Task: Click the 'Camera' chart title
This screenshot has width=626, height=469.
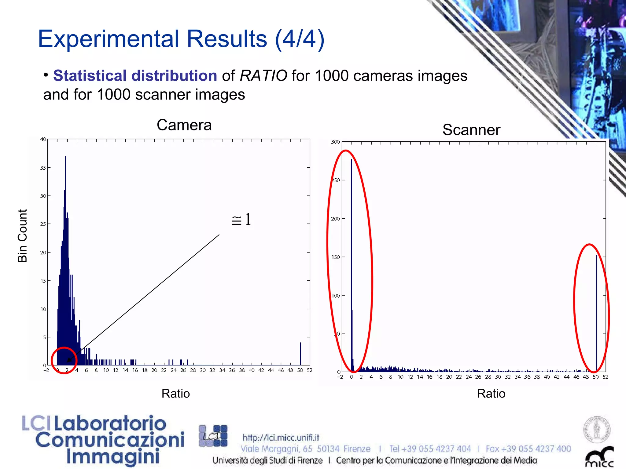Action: click(x=184, y=125)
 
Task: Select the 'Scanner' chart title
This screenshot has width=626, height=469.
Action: click(x=471, y=130)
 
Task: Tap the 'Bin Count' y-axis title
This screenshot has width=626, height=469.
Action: click(x=23, y=236)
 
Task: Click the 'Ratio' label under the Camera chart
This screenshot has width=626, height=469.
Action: click(x=175, y=393)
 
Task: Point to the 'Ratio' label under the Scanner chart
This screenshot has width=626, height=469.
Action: click(x=491, y=393)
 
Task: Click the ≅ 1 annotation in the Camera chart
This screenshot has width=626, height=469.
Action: click(x=241, y=220)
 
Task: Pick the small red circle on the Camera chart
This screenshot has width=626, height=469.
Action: click(x=64, y=360)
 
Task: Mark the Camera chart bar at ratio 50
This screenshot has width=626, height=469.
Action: click(x=300, y=354)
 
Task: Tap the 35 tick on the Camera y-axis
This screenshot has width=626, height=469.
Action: click(x=43, y=168)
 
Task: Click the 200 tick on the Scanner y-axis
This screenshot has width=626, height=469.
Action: click(x=335, y=219)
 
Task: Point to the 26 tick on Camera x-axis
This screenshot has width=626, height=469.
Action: click(x=183, y=370)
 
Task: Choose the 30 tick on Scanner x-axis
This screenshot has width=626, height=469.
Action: click(x=498, y=377)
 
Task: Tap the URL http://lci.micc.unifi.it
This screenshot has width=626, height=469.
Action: click(x=281, y=438)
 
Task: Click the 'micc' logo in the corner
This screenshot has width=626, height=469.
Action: click(x=599, y=458)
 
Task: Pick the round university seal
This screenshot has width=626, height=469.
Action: click(x=597, y=429)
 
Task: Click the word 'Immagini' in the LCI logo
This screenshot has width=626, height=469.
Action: click(x=113, y=457)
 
